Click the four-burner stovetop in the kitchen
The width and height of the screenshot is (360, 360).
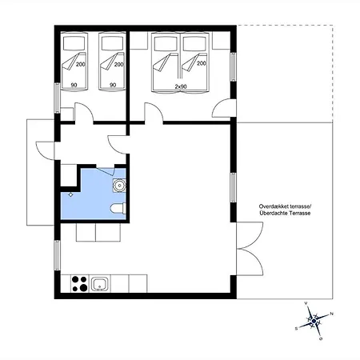click(80, 283)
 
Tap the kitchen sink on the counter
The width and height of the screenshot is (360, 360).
click(100, 284)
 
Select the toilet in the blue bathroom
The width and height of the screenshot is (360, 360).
click(118, 209)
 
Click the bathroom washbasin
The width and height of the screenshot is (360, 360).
click(119, 186)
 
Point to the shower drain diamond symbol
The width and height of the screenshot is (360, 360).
click(70, 194)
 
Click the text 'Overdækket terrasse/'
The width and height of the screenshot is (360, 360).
click(285, 206)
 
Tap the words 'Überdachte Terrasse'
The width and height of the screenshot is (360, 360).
click(285, 213)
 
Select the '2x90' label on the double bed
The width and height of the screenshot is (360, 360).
click(181, 86)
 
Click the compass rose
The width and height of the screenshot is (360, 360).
click(314, 322)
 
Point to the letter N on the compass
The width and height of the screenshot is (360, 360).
click(332, 314)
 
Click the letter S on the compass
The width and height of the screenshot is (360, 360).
click(296, 329)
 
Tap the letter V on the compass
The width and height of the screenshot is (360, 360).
click(306, 303)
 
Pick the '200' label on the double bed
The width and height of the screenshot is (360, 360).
click(202, 63)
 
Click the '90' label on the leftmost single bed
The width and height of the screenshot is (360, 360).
click(74, 85)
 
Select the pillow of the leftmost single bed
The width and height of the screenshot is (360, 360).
click(74, 43)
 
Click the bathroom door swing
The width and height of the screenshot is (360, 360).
click(106, 170)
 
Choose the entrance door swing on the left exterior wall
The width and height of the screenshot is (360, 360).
click(46, 151)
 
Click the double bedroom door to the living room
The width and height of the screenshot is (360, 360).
click(154, 113)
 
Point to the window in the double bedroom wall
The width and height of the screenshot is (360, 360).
click(234, 67)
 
